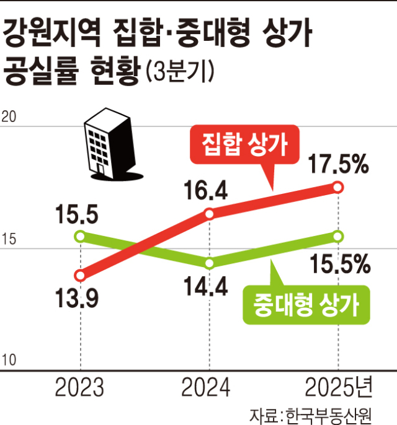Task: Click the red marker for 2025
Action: pyautogui.click(x=337, y=187)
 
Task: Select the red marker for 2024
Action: pyautogui.click(x=209, y=214)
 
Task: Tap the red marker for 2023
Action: pyautogui.click(x=80, y=275)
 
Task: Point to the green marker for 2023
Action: pyautogui.click(x=80, y=235)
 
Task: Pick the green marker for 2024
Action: pyautogui.click(x=209, y=263)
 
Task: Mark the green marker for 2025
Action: pyautogui.click(x=337, y=236)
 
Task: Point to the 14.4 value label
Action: pyautogui.click(x=207, y=286)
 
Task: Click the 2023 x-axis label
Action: pyautogui.click(x=80, y=388)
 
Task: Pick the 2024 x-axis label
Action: pyautogui.click(x=207, y=388)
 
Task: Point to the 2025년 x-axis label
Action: pyautogui.click(x=339, y=388)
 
